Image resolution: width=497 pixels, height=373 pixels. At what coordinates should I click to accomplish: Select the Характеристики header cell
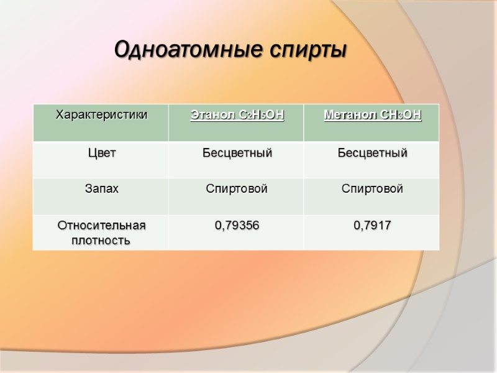[x=102, y=115]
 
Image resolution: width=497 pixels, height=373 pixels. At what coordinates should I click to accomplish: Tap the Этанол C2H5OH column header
[x=237, y=115]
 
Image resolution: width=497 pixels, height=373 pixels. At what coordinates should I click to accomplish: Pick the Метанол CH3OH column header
[x=372, y=115]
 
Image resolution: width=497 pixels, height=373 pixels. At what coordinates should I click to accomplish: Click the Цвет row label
[x=101, y=153]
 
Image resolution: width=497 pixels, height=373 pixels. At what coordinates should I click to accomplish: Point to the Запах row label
[x=101, y=189]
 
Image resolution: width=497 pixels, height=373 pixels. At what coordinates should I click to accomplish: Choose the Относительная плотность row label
[x=101, y=233]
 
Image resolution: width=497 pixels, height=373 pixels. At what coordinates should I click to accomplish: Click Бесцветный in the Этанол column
[x=237, y=153]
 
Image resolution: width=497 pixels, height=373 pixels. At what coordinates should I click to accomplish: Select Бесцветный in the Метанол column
[x=372, y=153]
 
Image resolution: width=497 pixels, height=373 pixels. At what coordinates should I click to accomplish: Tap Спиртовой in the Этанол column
[x=237, y=189]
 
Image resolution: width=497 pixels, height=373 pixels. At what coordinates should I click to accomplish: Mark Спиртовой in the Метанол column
[x=372, y=189]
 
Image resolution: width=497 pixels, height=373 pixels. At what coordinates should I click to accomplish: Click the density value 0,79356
[x=237, y=226]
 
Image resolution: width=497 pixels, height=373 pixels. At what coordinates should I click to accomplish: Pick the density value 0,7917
[x=372, y=226]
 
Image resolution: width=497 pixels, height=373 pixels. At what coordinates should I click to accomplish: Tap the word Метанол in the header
[x=345, y=115]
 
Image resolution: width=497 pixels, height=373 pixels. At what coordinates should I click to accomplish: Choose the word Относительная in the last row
[x=101, y=225]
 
